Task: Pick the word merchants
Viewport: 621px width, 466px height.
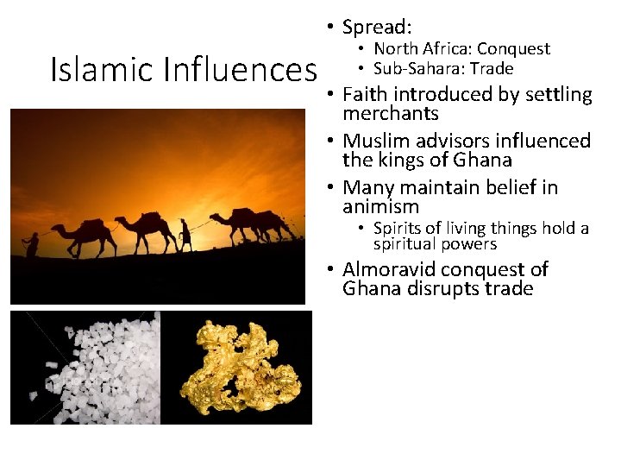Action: pyautogui.click(x=391, y=114)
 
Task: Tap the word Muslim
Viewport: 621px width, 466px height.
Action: pyautogui.click(x=375, y=141)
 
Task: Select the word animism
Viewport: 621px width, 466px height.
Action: pyautogui.click(x=380, y=207)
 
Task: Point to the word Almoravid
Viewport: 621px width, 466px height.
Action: pyautogui.click(x=391, y=269)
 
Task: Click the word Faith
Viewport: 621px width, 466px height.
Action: pyautogui.click(x=365, y=94)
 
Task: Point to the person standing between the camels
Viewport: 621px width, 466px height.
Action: pyautogui.click(x=185, y=233)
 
